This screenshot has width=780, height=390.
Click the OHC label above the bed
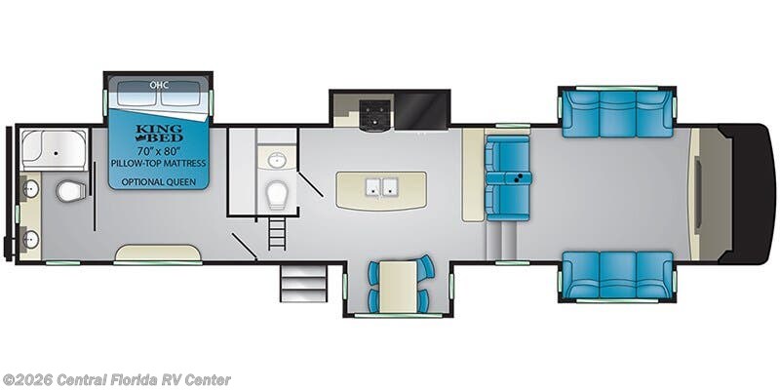pyautogui.click(x=159, y=85)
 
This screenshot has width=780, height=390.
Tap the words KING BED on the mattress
pyautogui.click(x=159, y=134)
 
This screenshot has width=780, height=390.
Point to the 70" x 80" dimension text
pyautogui.click(x=159, y=150)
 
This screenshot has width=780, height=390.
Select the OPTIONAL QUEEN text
pyautogui.click(x=159, y=181)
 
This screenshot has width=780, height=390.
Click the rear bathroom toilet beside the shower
pyautogui.click(x=70, y=191)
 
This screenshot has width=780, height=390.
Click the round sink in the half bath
pyautogui.click(x=276, y=160)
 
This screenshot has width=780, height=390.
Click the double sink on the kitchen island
pyautogui.click(x=381, y=186)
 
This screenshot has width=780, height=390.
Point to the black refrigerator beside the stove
pyautogui.click(x=421, y=110)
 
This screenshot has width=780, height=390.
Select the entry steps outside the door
pyautogui.click(x=303, y=284)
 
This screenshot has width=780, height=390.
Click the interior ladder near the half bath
pyautogui.click(x=277, y=234)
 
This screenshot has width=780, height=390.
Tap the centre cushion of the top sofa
pyautogui.click(x=617, y=113)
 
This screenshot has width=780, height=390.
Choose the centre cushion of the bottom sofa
pyautogui.click(x=617, y=275)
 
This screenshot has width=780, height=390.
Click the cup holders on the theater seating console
pyautogui.click(x=519, y=178)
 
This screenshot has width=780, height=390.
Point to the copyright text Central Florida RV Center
pyautogui.click(x=115, y=380)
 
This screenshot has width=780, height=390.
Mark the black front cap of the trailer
pyautogui.click(x=749, y=194)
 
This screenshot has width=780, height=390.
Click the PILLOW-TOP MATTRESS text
pyautogui.click(x=159, y=163)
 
